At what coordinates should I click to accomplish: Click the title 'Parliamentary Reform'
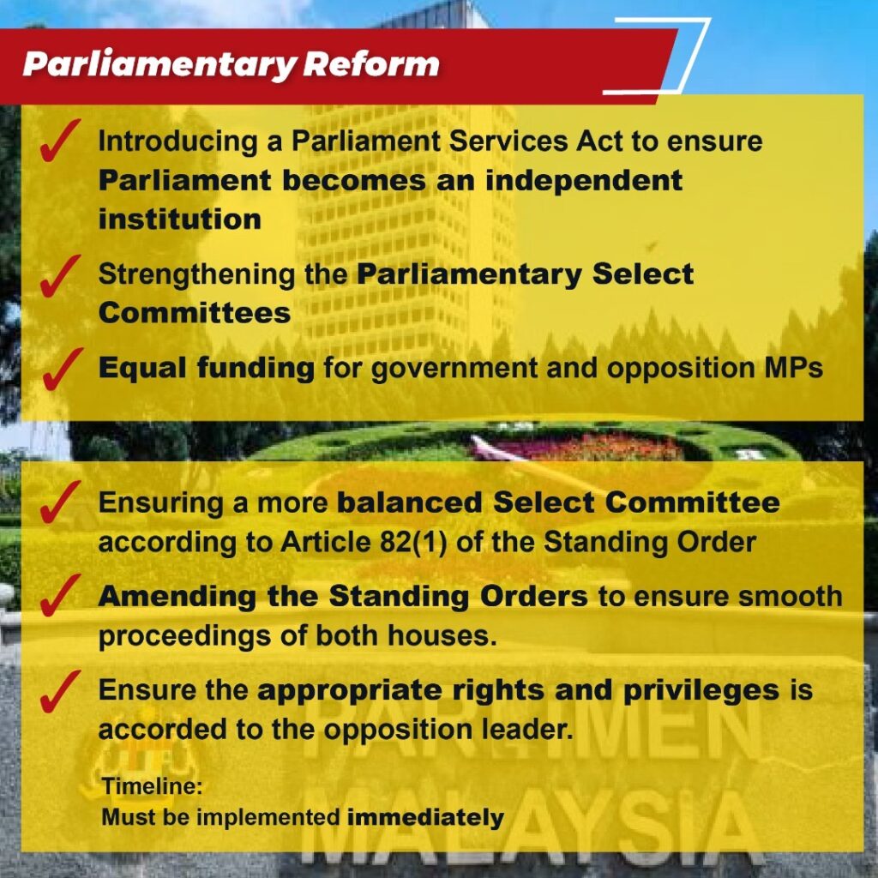click(x=231, y=64)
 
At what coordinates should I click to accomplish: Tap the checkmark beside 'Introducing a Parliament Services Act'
click(x=59, y=141)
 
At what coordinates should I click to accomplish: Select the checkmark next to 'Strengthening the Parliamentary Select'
click(x=59, y=275)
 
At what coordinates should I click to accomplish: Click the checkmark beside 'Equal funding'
click(x=62, y=369)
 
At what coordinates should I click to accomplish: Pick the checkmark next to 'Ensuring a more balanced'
click(x=59, y=502)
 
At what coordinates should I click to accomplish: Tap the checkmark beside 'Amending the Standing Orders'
click(x=59, y=596)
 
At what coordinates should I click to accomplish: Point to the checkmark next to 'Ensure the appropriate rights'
click(x=59, y=691)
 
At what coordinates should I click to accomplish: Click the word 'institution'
click(x=180, y=219)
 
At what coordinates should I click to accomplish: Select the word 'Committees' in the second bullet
click(x=195, y=312)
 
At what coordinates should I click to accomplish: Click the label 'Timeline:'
click(x=153, y=786)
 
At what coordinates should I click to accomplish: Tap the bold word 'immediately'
click(x=425, y=817)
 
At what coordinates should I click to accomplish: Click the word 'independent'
click(x=584, y=180)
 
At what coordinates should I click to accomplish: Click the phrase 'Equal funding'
click(x=207, y=369)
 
